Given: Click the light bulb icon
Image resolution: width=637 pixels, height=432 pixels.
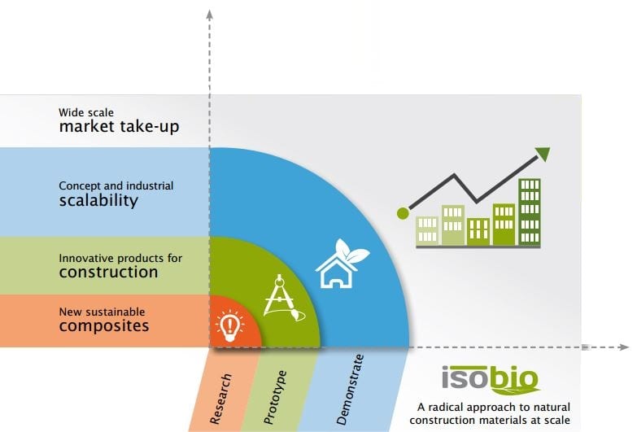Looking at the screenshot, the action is [x=230, y=325].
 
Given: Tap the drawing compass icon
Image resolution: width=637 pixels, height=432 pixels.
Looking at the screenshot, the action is [x=283, y=299].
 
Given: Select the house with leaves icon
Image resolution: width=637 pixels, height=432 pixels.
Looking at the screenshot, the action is [x=342, y=264].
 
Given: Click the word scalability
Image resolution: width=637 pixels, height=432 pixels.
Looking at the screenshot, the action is [x=98, y=201].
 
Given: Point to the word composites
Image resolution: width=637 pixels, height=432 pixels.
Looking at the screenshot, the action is [x=104, y=326].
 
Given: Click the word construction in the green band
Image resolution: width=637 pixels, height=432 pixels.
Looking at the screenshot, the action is [x=108, y=272].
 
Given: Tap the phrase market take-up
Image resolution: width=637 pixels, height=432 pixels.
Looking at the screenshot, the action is [x=119, y=127].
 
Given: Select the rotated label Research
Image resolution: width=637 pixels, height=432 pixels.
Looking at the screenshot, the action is [x=220, y=399].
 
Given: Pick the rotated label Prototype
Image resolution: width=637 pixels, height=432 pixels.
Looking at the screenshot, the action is [x=275, y=397].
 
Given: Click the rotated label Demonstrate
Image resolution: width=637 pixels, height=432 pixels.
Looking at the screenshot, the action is [x=350, y=390].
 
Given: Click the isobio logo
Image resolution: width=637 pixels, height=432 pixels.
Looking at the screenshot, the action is [x=491, y=380].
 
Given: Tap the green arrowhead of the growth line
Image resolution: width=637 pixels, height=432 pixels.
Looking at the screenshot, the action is [x=543, y=154].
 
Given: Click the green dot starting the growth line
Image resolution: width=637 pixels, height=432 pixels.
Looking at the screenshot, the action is [x=403, y=213].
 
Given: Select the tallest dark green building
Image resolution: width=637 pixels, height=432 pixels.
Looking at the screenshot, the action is [x=530, y=212].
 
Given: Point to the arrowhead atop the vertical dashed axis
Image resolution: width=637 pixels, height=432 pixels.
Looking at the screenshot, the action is [x=209, y=15].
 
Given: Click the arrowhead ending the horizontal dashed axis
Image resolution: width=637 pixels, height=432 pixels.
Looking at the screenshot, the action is [x=624, y=347].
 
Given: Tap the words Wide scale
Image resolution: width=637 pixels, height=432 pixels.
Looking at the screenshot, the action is [x=86, y=112].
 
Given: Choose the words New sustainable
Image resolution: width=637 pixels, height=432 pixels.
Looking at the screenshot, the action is [x=102, y=312].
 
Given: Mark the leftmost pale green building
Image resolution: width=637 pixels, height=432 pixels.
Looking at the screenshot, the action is [x=427, y=231].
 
